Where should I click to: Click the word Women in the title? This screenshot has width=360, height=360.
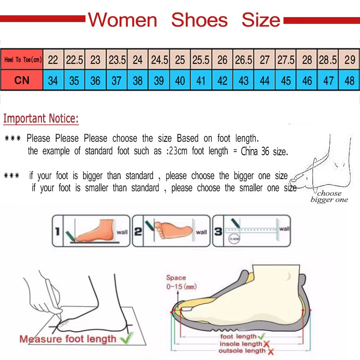point(122,20)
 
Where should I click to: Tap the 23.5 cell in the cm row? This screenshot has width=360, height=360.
point(117,60)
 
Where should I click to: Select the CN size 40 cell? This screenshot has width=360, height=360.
point(180,81)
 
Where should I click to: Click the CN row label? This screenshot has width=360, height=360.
point(22,81)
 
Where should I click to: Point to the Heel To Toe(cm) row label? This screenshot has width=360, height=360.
point(22,60)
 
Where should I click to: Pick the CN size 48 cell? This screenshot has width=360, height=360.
point(349,81)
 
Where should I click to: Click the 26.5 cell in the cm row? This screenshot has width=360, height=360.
point(243,60)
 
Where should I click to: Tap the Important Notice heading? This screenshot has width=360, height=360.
point(41,119)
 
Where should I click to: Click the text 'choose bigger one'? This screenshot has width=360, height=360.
point(329,197)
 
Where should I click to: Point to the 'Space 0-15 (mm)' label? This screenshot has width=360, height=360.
point(181,282)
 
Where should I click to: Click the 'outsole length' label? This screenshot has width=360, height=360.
point(242,351)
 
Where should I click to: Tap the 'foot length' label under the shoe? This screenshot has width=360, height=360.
point(238,337)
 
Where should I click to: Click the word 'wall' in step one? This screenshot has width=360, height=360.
point(122,232)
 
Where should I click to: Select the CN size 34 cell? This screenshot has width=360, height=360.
point(53,81)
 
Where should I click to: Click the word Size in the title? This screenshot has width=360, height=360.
point(261,20)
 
